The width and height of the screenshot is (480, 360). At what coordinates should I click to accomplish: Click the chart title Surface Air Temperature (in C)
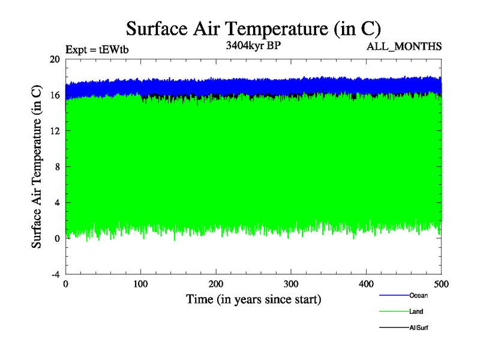pyautogui.click(x=253, y=28)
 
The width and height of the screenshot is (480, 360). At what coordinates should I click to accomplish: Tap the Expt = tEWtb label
pyautogui.click(x=97, y=50)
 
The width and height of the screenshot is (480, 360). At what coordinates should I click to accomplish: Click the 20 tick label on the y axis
pyautogui.click(x=55, y=59)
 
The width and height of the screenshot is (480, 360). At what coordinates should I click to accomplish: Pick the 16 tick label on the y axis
pyautogui.click(x=55, y=95)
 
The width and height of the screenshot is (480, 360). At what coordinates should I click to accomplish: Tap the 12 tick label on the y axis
pyautogui.click(x=55, y=131)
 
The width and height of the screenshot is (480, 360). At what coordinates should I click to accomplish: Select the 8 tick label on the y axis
pyautogui.click(x=56, y=167)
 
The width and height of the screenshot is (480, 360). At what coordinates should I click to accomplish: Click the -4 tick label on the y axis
pyautogui.click(x=55, y=274)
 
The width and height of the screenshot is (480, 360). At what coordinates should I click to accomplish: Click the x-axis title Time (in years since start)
pyautogui.click(x=253, y=299)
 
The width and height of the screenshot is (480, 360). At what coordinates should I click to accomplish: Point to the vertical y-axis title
pyautogui.click(x=37, y=167)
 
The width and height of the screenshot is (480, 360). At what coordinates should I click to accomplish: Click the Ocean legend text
pyautogui.click(x=418, y=295)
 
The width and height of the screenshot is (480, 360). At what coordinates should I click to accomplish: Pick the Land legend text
pyautogui.click(x=416, y=311)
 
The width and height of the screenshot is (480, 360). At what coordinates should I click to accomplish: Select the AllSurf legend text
pyautogui.click(x=418, y=328)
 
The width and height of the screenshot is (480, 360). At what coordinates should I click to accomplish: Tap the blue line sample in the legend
pyautogui.click(x=394, y=295)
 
